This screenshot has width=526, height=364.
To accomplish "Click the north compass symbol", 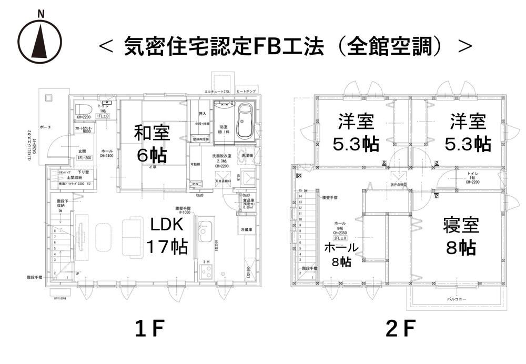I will tap(40, 40).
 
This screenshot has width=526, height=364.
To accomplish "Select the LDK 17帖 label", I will tap(166, 235).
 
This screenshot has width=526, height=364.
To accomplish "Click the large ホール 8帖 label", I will tap(341, 254).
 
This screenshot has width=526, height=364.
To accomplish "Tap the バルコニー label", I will tap(457, 299).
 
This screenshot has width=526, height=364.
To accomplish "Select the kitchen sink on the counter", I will tap(204, 230).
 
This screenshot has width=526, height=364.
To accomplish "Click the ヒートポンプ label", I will tap(246, 92).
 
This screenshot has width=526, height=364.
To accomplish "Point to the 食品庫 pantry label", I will tap(248, 200).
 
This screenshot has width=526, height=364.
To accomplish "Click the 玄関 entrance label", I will tap(82, 151).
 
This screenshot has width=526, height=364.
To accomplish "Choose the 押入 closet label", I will tap(202, 114).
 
